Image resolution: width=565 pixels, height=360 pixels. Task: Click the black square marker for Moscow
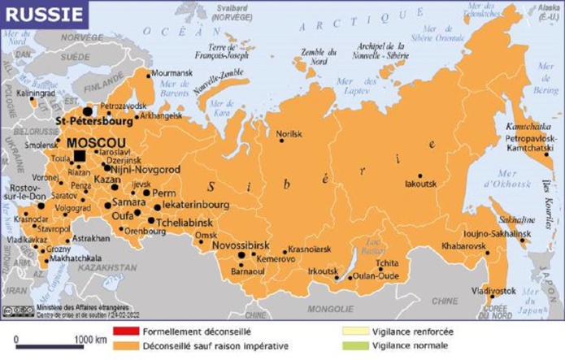point(79,155)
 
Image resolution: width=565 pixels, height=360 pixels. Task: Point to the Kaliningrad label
point(34,93)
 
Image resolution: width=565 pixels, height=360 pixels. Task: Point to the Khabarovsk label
point(463,245)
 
